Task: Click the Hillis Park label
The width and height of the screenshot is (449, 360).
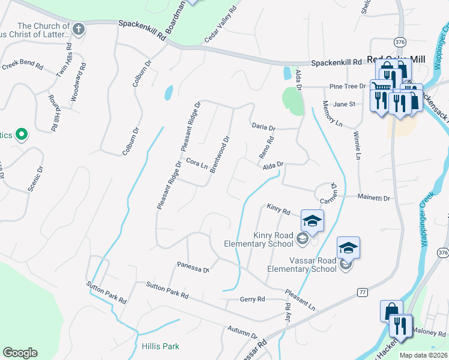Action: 161,346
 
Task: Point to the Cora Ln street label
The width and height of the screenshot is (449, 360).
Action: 196,164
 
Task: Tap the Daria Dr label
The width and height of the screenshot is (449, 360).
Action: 263,128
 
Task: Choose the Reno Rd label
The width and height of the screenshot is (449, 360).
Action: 266,148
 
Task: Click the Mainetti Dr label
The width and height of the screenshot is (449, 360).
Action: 373,197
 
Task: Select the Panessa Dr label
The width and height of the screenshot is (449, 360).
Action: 193,267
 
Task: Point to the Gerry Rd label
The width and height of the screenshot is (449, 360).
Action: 252,299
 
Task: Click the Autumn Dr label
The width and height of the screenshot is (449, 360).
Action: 242,332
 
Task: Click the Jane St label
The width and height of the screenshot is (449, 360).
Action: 345,104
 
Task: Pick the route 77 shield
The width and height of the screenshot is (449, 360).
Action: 362,292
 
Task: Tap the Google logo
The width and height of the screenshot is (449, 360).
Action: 20,353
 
